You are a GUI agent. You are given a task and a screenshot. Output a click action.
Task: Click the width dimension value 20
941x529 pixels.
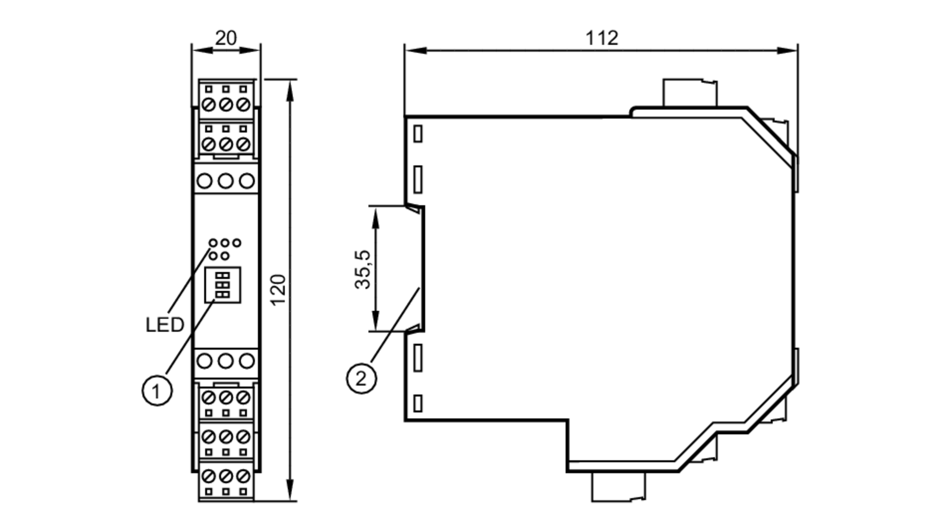(x=226, y=38)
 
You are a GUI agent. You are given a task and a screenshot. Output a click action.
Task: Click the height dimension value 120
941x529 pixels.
(x=279, y=289)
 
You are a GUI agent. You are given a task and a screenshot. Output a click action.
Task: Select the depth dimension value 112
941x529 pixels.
(x=601, y=38)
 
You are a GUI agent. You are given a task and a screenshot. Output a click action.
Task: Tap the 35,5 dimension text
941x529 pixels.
(x=363, y=269)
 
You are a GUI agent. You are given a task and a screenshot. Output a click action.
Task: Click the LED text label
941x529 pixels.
(x=164, y=325)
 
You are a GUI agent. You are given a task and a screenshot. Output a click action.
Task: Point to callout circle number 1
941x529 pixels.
(x=157, y=390)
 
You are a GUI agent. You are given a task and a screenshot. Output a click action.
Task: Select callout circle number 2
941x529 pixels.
(x=361, y=378)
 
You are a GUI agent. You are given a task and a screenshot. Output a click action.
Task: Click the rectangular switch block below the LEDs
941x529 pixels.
(x=223, y=285)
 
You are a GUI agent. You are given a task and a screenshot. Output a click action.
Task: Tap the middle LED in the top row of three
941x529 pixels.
(x=225, y=243)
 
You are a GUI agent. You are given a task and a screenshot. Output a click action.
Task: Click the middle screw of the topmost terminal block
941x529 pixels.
(x=226, y=104)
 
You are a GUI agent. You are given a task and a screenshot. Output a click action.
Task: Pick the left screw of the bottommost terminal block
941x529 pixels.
(x=208, y=476)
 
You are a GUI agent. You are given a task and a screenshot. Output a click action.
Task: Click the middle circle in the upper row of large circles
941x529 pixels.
(x=226, y=181)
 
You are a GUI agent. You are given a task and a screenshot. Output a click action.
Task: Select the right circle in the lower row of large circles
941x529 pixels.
(x=247, y=361)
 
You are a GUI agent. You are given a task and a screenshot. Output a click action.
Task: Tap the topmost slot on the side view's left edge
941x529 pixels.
(x=418, y=134)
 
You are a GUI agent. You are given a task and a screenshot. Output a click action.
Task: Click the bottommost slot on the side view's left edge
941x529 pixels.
(x=418, y=403)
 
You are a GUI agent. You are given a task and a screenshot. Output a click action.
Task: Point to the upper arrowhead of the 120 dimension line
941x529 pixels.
(x=290, y=89)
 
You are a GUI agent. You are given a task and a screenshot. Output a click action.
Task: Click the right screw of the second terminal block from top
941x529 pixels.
(x=243, y=144)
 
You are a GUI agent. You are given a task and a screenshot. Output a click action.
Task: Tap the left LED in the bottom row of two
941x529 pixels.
(x=214, y=256)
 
